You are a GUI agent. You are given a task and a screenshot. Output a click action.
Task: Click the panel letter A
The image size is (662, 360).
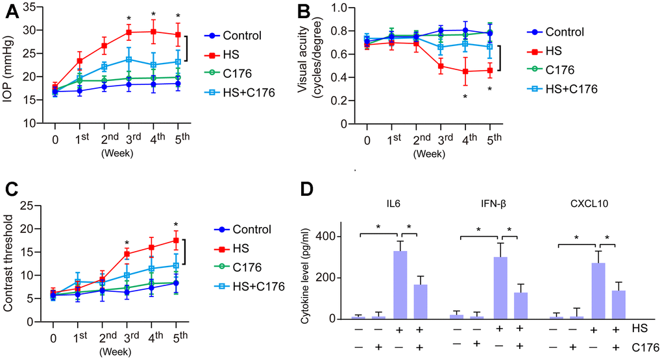pyautogui.click(x=10, y=13)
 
